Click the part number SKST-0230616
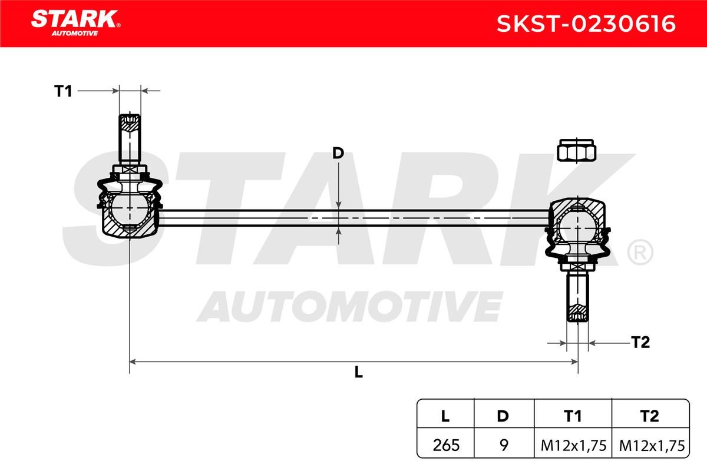[x=586, y=24]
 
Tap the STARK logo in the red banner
[x=75, y=23]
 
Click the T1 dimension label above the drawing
[x=63, y=91]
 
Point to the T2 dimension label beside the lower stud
[x=640, y=342]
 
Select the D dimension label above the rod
[x=338, y=153]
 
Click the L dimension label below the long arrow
[x=359, y=372]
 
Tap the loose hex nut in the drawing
[x=576, y=150]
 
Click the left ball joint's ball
[x=130, y=208]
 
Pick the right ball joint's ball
[x=577, y=227]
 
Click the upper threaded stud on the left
[x=130, y=139]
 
